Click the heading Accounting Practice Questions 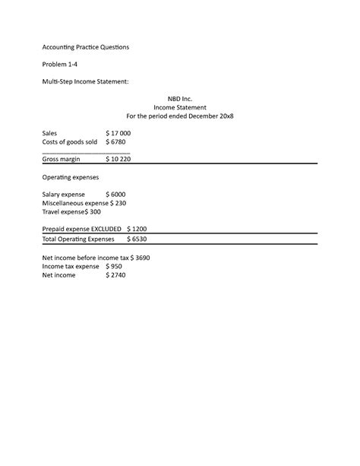86,47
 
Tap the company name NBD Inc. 180,99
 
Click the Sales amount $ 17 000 118,133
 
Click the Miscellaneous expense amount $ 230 118,204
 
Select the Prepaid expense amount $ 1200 137,229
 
